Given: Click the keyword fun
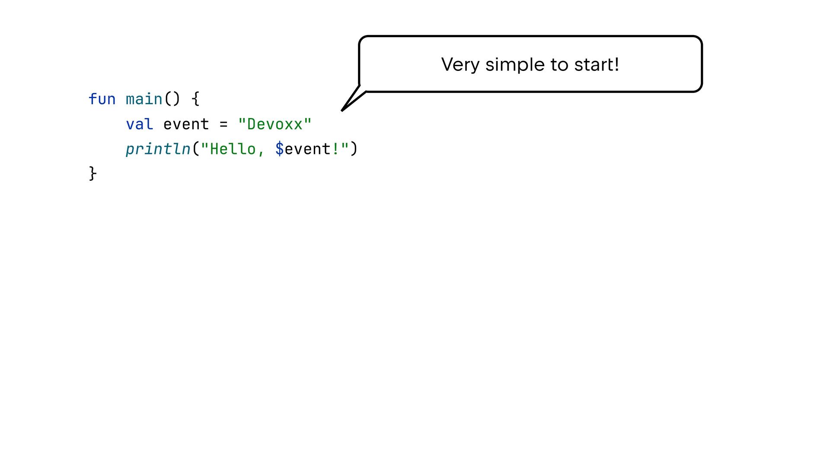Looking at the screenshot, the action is coord(102,99).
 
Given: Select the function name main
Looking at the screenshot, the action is coord(144,99).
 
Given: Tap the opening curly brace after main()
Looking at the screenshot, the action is coord(195,99).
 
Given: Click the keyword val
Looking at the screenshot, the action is coord(139,125).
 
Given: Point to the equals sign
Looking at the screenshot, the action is coord(223,125).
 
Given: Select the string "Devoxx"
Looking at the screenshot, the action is coord(275,125).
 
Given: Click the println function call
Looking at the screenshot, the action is coord(158,149).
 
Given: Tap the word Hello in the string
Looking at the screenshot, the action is coord(233,149).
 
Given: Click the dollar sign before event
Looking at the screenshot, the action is coord(280,149).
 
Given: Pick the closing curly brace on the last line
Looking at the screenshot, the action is coord(93,173).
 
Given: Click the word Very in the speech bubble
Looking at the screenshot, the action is coord(460,65).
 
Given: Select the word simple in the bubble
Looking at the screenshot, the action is coord(515,65).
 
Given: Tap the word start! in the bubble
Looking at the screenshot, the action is coord(597,65).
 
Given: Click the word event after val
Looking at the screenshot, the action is coord(186,125).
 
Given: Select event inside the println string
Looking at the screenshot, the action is coord(307,149).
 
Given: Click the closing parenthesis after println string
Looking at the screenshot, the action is coord(354,149).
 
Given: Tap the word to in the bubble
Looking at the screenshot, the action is coord(559,65).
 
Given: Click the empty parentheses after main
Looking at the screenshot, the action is coord(172,99).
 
